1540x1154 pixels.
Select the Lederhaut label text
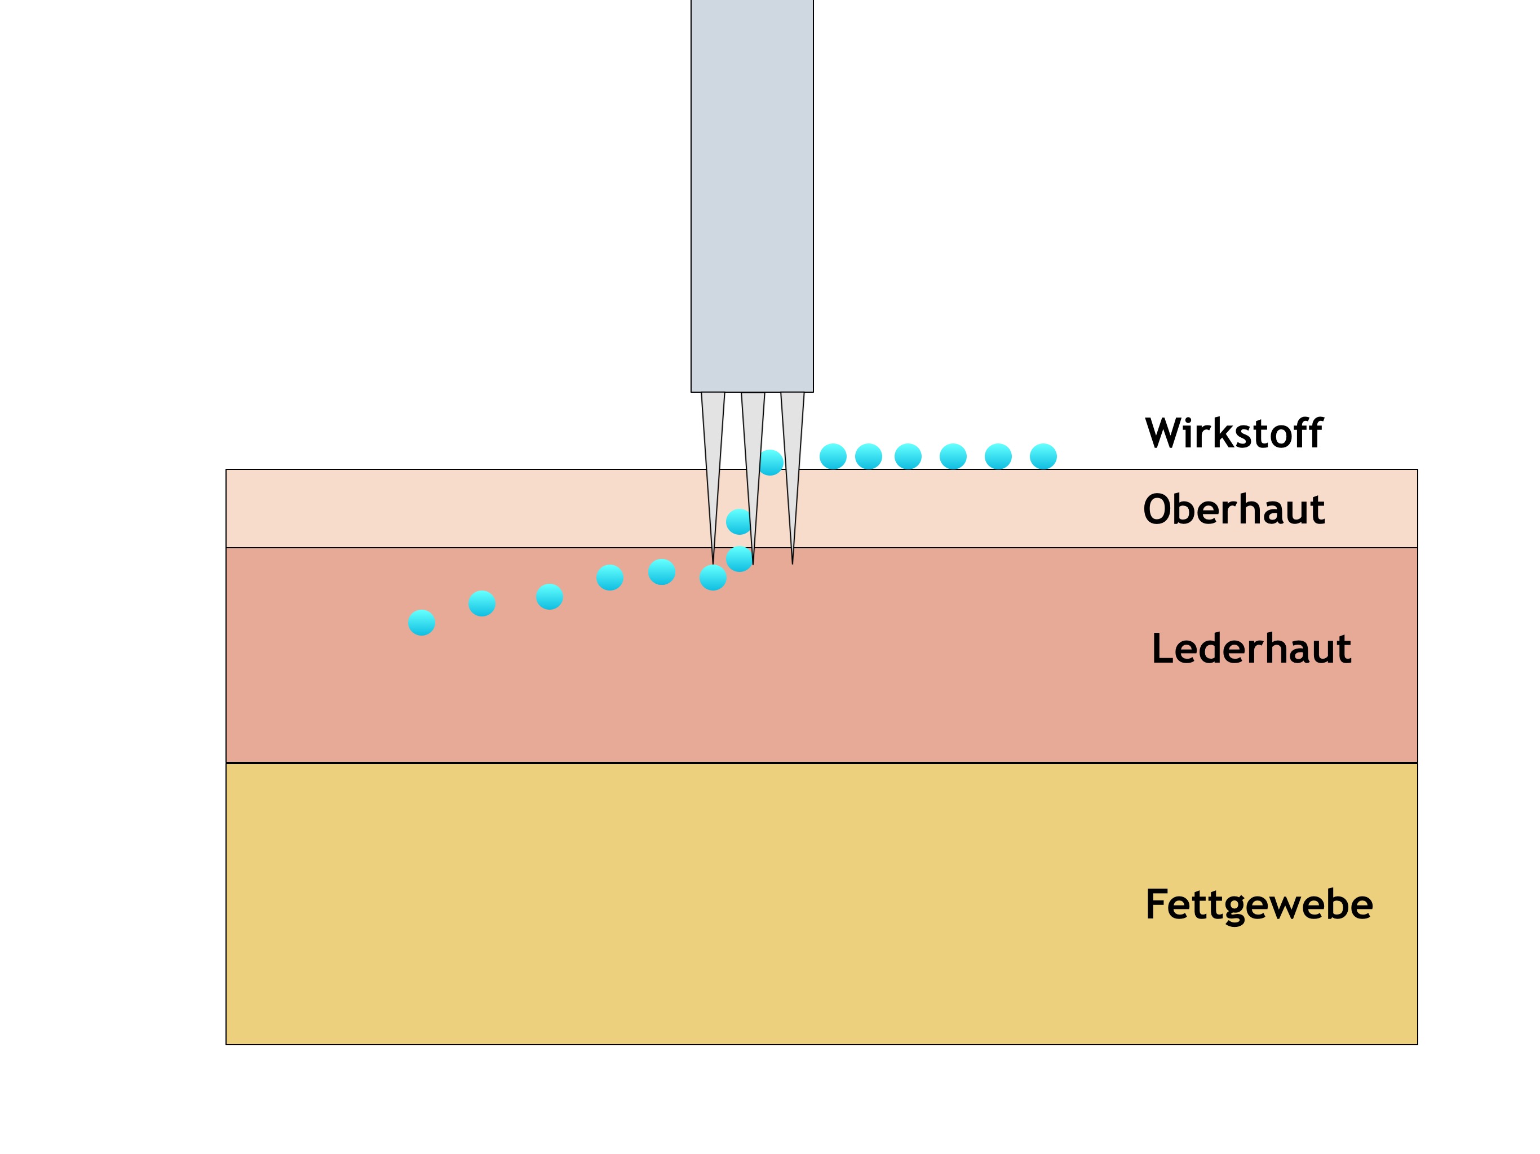click(x=1251, y=649)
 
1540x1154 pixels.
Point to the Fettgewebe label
click(x=1259, y=904)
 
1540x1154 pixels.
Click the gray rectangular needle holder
click(x=752, y=195)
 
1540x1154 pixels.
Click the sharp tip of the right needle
click(x=793, y=561)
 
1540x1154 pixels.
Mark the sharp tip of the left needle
click(x=713, y=561)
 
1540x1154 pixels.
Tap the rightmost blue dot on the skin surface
click(x=1043, y=456)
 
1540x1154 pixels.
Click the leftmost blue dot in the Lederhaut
click(x=421, y=622)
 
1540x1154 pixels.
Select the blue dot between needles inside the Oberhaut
click(x=738, y=521)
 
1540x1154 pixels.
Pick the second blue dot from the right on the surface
click(x=998, y=456)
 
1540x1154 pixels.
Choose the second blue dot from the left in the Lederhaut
click(x=482, y=603)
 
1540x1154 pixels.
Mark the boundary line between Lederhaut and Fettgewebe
click(x=821, y=763)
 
